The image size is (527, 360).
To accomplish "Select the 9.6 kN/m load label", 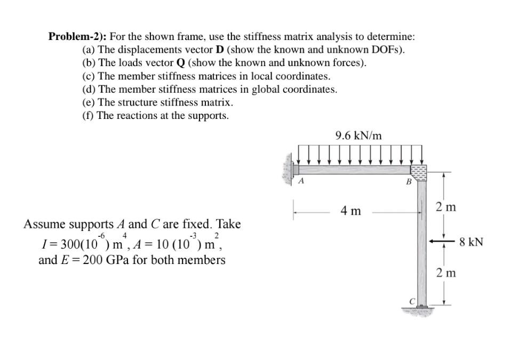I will (x=358, y=135).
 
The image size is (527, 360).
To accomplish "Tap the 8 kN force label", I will (x=471, y=242).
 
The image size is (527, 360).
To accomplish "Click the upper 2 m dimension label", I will (x=445, y=206).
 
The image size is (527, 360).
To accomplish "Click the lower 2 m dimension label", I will (x=445, y=273).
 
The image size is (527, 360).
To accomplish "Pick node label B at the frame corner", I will (x=409, y=182).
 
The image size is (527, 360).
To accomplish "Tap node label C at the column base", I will (x=411, y=302).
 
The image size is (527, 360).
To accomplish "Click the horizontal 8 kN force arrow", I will (x=440, y=242).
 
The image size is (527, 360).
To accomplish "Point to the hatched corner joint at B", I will (x=418, y=170).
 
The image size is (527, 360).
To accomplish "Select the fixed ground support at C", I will (x=419, y=310).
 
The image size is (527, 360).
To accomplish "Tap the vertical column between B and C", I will (x=421, y=240).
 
